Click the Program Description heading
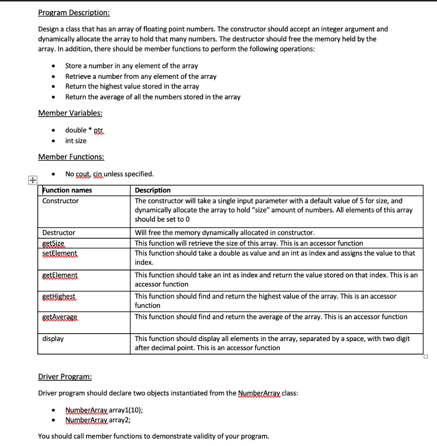tap(74, 13)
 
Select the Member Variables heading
tap(70, 113)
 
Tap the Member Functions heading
tap(71, 157)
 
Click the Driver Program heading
tap(65, 376)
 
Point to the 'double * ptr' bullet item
tap(85, 130)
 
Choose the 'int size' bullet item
tap(76, 141)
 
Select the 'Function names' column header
tap(67, 190)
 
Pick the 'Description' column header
tap(153, 190)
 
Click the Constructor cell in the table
tap(60, 201)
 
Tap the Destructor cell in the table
tap(59, 233)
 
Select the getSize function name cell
tap(53, 243)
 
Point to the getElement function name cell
tap(60, 275)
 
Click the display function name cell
tap(53, 338)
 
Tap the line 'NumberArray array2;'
tap(97, 420)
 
